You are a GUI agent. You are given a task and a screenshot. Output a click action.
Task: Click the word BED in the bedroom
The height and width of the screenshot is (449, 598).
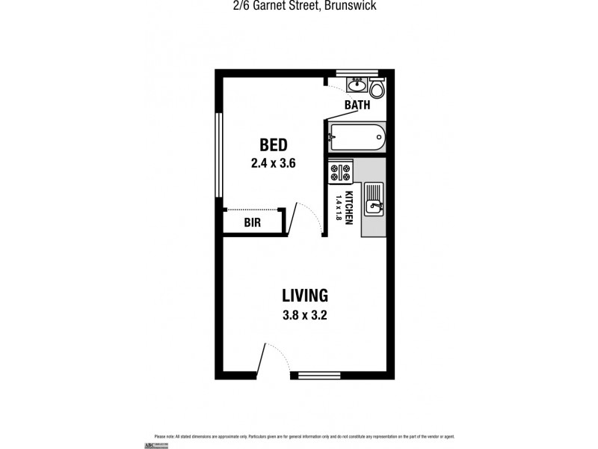(x=273, y=144)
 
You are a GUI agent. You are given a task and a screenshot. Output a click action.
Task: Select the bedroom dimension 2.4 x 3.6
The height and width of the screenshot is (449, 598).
(x=273, y=162)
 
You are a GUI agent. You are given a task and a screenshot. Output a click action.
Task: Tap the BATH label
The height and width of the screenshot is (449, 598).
(x=357, y=106)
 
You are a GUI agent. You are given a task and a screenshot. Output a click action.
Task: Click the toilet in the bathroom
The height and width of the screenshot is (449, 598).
(x=377, y=90)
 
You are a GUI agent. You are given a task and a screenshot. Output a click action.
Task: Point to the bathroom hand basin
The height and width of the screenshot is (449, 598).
(x=356, y=84)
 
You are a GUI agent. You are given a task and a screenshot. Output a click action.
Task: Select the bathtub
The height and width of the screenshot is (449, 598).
(x=357, y=138)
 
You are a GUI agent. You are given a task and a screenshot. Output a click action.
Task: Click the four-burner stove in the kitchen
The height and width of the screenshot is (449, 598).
(x=341, y=173)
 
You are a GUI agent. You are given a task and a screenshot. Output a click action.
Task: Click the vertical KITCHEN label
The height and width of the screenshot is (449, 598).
(x=348, y=207)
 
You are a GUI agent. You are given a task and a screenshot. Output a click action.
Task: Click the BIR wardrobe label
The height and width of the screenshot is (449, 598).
(x=251, y=223)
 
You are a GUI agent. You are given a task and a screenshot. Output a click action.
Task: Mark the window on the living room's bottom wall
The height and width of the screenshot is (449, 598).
(x=319, y=375)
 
